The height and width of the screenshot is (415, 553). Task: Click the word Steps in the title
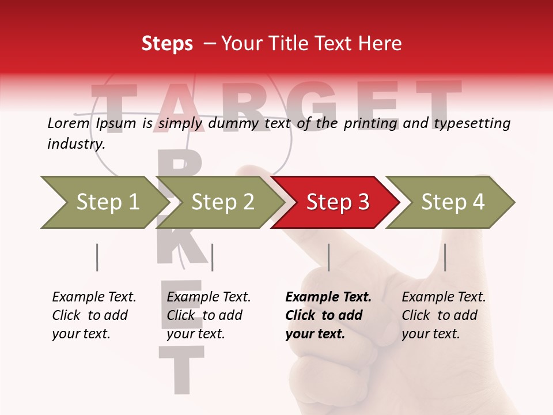click(x=167, y=44)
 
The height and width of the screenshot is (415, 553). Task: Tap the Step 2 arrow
click(x=222, y=202)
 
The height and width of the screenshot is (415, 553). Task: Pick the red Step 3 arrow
click(x=337, y=202)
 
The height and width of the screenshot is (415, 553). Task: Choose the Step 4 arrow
click(x=452, y=202)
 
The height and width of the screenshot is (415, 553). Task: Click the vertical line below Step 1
click(x=97, y=257)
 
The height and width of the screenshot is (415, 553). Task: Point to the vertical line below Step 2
click(x=212, y=257)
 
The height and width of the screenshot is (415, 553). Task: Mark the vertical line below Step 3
click(x=328, y=257)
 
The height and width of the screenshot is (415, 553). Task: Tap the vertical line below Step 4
click(x=445, y=257)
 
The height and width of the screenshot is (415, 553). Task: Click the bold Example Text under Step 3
click(x=328, y=297)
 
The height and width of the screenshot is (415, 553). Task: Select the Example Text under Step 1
click(x=94, y=297)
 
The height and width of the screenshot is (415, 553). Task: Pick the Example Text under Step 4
click(x=444, y=297)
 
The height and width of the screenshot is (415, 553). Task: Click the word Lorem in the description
click(x=68, y=123)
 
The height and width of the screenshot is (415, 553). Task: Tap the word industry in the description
click(x=75, y=144)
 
